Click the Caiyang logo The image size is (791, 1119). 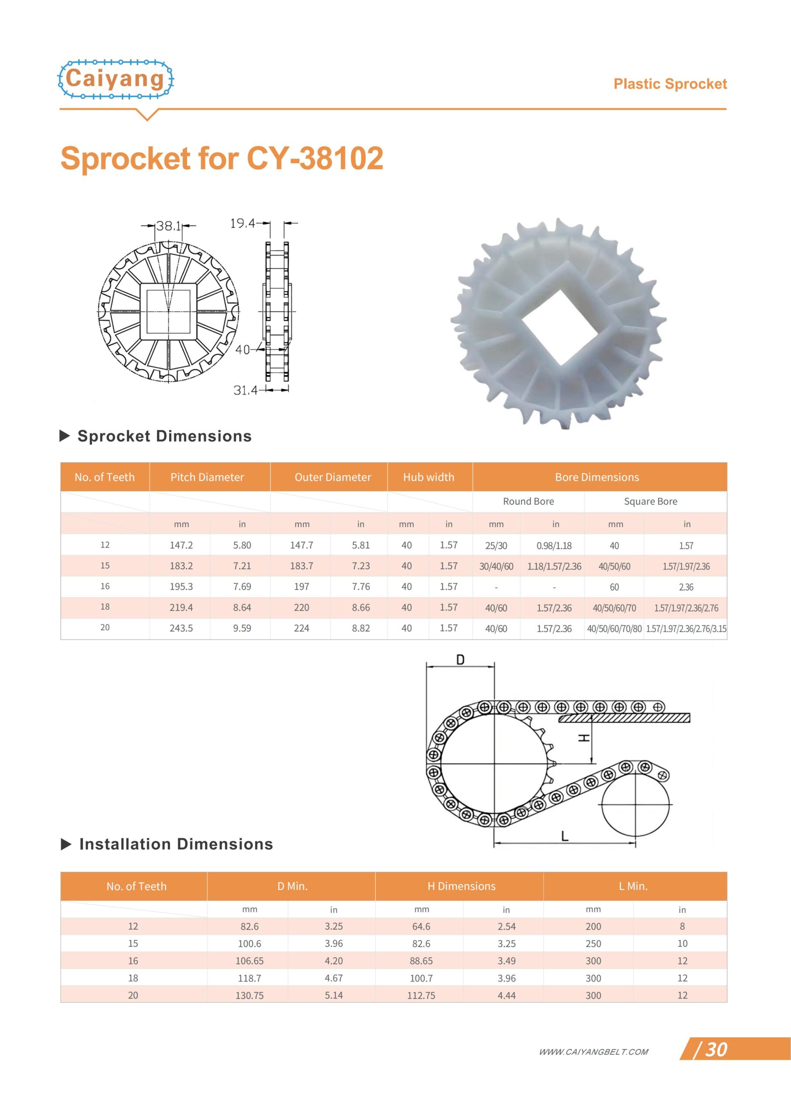[115, 79]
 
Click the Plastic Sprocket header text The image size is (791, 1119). [670, 84]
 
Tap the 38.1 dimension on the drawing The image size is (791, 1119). [168, 226]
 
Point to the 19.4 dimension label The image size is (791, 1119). [242, 224]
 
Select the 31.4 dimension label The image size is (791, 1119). [245, 390]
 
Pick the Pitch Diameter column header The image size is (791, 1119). [207, 477]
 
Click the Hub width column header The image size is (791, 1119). [428, 477]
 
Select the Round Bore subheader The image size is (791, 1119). [528, 501]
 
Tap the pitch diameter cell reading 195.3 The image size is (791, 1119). [181, 587]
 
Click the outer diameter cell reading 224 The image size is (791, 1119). [301, 628]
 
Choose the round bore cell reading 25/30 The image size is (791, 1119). [496, 546]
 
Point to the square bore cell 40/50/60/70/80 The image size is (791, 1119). [614, 629]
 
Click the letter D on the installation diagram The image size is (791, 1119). [460, 660]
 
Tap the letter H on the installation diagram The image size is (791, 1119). [583, 738]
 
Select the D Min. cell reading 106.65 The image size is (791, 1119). [250, 961]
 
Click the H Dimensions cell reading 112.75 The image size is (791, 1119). [421, 996]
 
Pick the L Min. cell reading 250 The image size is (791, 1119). [593, 944]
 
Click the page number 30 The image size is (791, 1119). [716, 1050]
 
